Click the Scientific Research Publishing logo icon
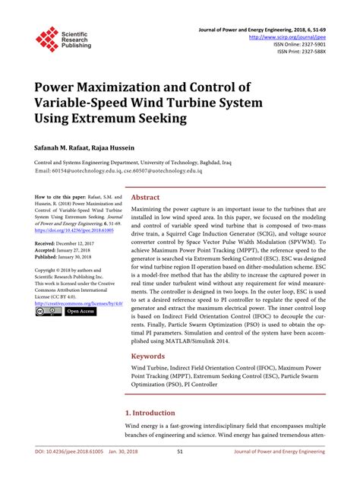pos(47,39)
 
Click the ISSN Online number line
pos(299,44)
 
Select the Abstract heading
pos(146,198)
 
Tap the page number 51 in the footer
pos(179,473)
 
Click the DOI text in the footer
pos(67,473)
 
